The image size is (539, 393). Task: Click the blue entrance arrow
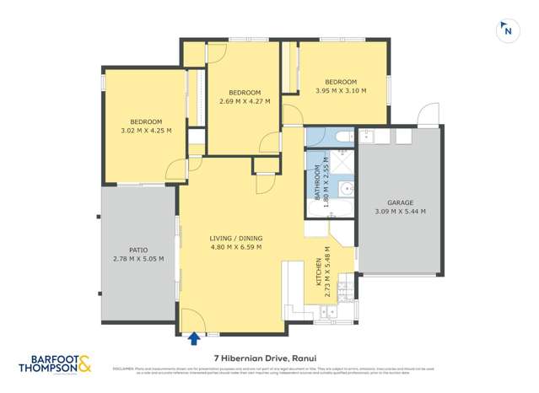(x=194, y=339)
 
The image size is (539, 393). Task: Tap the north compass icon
(x=507, y=30)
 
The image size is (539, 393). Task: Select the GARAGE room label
(x=400, y=203)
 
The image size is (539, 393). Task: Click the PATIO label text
(x=137, y=250)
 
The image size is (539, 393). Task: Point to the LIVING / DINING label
(x=235, y=239)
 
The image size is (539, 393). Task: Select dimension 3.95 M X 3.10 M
(x=340, y=91)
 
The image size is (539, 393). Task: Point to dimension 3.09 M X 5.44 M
(x=400, y=213)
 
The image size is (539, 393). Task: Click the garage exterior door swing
(x=429, y=116)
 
